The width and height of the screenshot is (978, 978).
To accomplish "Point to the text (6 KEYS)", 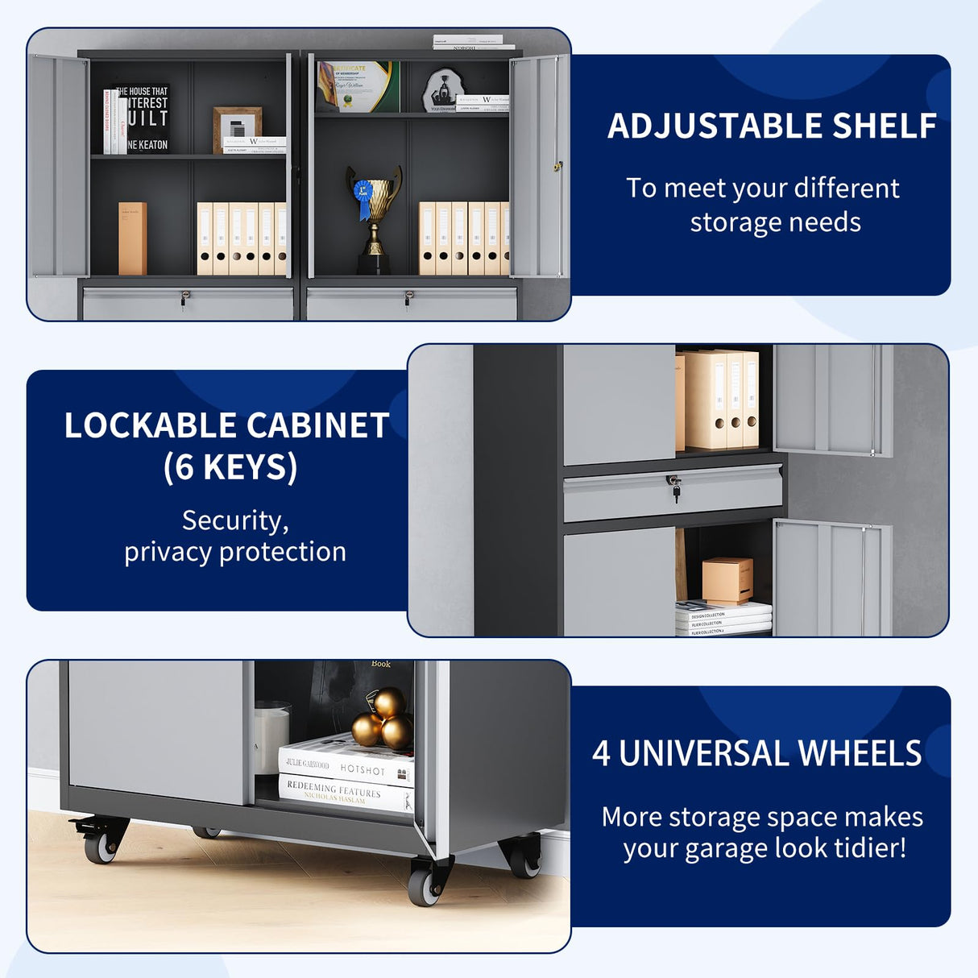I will pyautogui.click(x=230, y=467).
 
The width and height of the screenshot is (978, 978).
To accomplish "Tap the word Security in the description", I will pyautogui.click(x=234, y=520).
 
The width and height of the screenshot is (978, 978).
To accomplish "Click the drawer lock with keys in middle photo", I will pyautogui.click(x=674, y=486).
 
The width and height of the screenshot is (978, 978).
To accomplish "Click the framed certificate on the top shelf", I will pyautogui.click(x=358, y=86).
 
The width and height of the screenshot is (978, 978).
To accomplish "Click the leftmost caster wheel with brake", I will pyautogui.click(x=101, y=842).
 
